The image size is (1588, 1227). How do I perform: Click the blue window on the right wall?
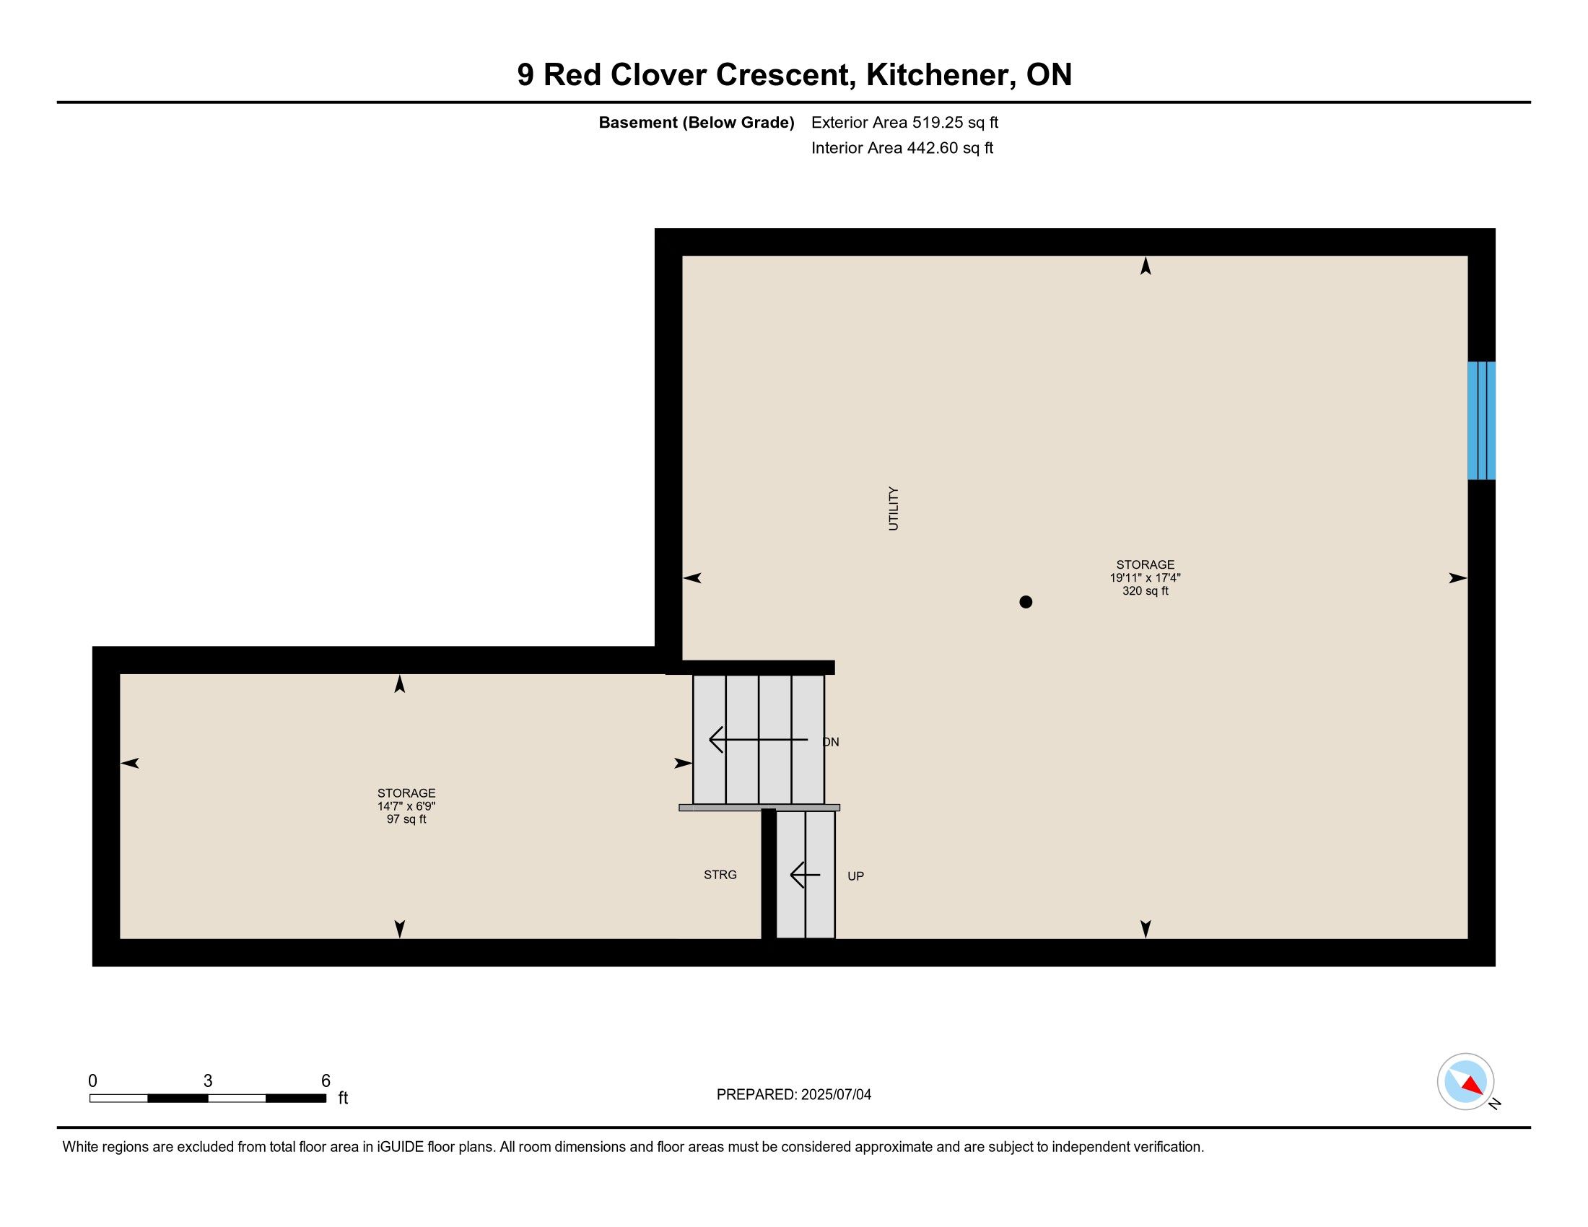coord(1481,420)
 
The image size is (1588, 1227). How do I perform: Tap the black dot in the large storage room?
coord(1026,602)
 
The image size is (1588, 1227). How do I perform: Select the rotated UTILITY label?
coord(894,509)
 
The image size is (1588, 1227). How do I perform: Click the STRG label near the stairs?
coord(720,875)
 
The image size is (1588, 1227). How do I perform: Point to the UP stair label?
coord(856,876)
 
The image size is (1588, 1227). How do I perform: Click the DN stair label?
coord(831,742)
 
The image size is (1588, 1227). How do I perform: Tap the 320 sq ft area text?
coord(1146,591)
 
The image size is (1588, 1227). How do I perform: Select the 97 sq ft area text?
coord(406,819)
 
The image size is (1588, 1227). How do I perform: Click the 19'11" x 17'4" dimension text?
coord(1146,578)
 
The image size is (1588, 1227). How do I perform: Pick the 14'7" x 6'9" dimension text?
coord(406,806)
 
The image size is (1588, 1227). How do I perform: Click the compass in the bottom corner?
coord(1466,1082)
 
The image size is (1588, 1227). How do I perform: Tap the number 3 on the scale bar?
coord(208,1081)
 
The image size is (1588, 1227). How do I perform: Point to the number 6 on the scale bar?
coord(326,1081)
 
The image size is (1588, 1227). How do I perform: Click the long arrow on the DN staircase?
coord(759,739)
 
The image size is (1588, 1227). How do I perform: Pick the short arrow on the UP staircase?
coord(805,875)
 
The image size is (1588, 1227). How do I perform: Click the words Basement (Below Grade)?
coord(696,123)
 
